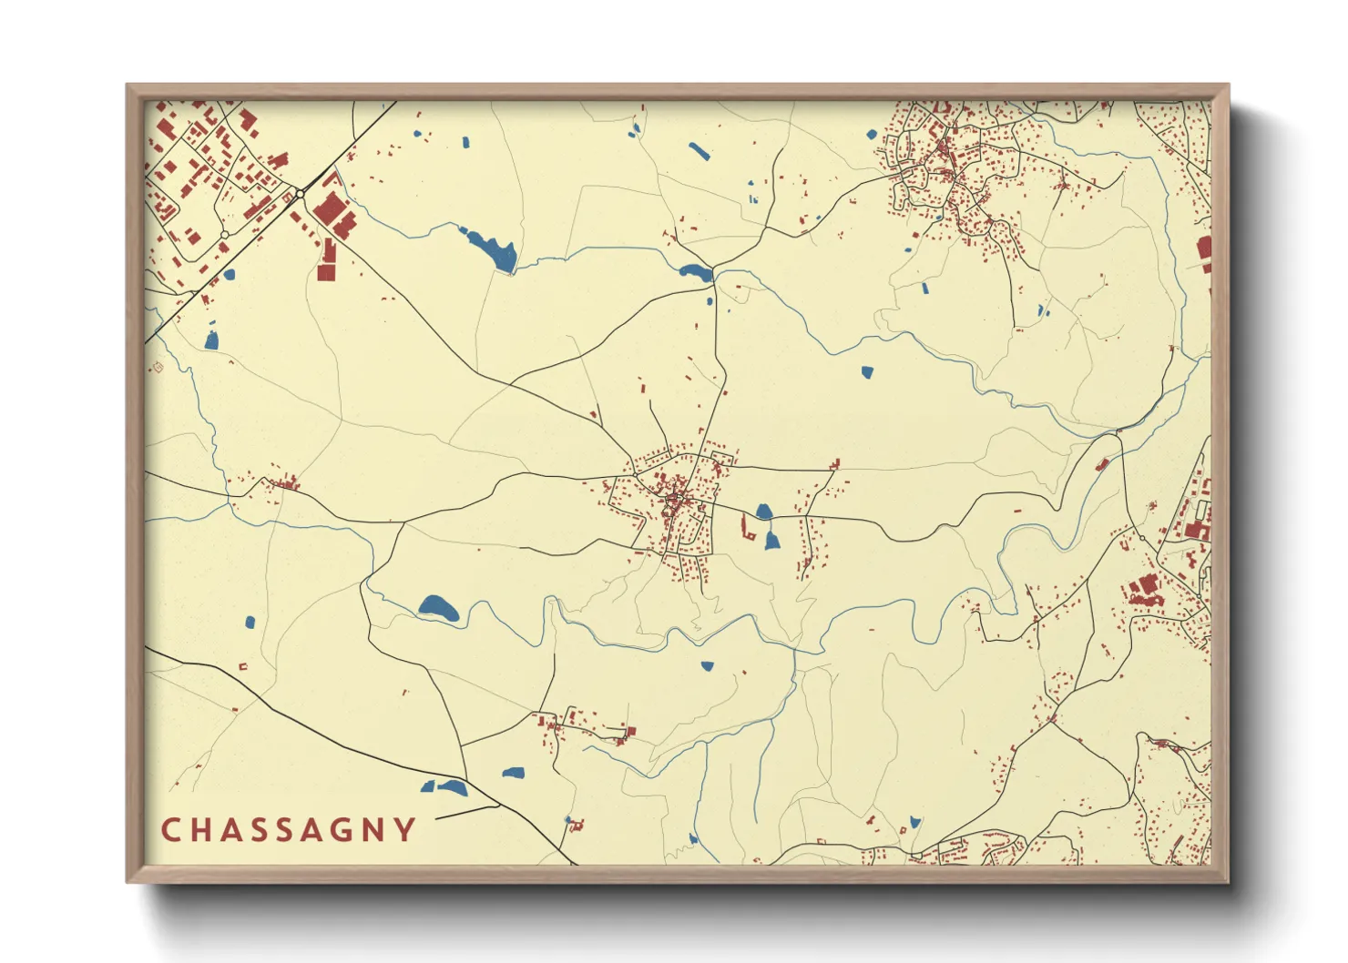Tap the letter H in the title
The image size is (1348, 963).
(x=201, y=830)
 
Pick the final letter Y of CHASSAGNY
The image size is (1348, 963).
(x=403, y=830)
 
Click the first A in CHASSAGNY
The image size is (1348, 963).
(x=233, y=830)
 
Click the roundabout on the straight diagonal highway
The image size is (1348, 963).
(x=300, y=194)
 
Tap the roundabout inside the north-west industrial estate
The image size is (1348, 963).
(x=224, y=235)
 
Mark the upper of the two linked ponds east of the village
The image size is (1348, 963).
(x=764, y=512)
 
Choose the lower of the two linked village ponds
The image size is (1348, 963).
(x=771, y=542)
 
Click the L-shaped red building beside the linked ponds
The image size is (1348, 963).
(x=749, y=532)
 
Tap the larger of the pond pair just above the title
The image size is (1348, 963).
(x=452, y=787)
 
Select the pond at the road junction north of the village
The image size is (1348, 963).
(x=696, y=271)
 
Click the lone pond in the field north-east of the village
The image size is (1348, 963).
(x=866, y=371)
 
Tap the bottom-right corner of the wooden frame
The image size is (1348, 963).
(x=1228, y=881)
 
